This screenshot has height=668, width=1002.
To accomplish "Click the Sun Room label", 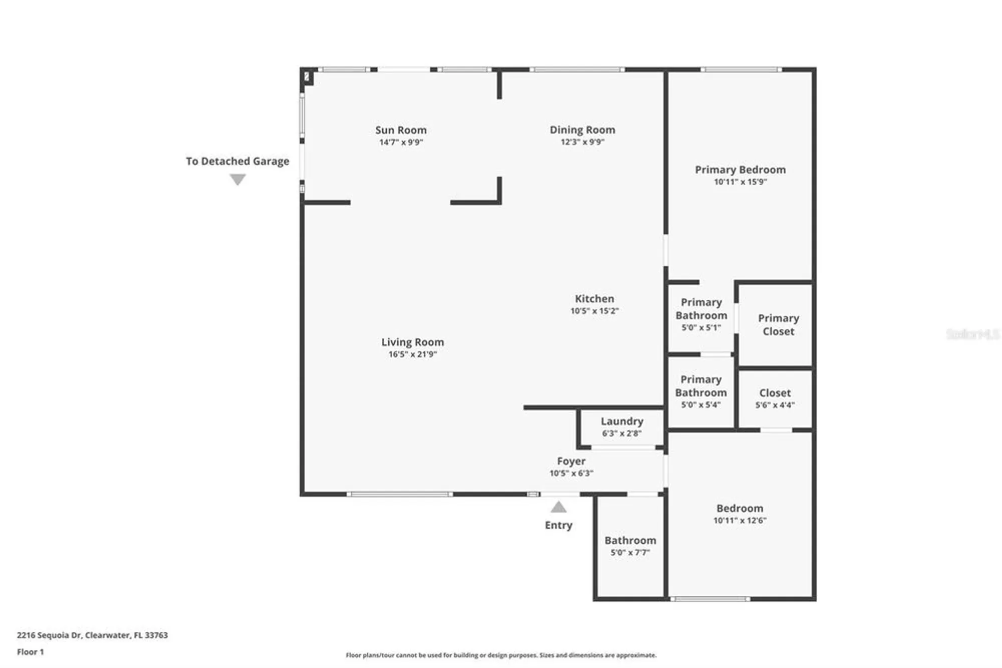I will pyautogui.click(x=401, y=130).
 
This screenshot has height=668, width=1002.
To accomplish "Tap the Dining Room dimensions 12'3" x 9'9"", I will pyautogui.click(x=582, y=142).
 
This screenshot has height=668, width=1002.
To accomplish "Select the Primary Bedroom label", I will pyautogui.click(x=740, y=170).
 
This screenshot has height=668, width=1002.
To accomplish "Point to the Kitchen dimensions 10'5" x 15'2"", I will pyautogui.click(x=594, y=311).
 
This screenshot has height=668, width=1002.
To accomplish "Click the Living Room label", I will pyautogui.click(x=412, y=342).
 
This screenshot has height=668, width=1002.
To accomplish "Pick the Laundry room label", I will pyautogui.click(x=622, y=421).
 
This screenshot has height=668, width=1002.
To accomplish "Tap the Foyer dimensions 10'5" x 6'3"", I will pyautogui.click(x=571, y=473).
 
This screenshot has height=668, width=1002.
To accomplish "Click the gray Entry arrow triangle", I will pyautogui.click(x=559, y=508).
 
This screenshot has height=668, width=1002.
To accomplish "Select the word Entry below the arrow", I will pyautogui.click(x=559, y=525).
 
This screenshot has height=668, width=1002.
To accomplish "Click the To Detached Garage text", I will pyautogui.click(x=237, y=161).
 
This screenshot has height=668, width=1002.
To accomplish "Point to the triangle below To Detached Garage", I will pyautogui.click(x=237, y=179).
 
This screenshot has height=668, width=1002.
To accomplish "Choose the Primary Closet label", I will pyautogui.click(x=778, y=324).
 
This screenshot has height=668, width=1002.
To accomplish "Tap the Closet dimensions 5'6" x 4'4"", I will pyautogui.click(x=775, y=405).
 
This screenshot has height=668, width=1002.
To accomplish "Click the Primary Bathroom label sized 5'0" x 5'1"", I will pyautogui.click(x=701, y=309).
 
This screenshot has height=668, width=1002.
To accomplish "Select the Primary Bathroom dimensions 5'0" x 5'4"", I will pyautogui.click(x=700, y=405).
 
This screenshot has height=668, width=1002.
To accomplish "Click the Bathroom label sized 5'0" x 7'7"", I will pyautogui.click(x=630, y=540).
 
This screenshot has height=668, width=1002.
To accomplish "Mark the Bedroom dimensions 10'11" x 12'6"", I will pyautogui.click(x=739, y=521).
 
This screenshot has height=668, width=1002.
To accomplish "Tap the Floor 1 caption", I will pyautogui.click(x=30, y=652).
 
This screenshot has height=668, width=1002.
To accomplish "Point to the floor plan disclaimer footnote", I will pyautogui.click(x=500, y=655).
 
